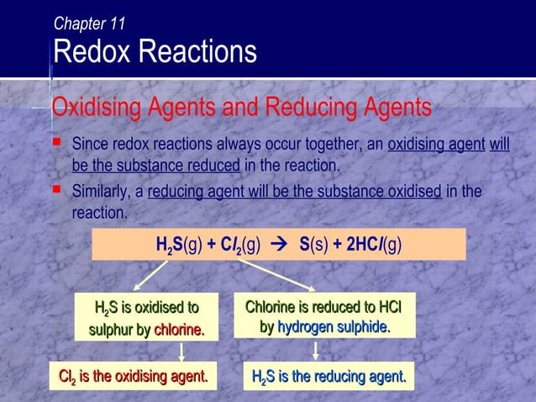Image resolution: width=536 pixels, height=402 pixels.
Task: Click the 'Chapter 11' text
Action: [89, 24]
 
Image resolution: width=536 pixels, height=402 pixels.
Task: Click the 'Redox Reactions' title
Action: [155, 52]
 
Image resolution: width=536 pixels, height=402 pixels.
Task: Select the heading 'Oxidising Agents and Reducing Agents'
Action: [241, 108]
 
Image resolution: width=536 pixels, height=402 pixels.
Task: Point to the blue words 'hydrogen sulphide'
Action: [334, 326]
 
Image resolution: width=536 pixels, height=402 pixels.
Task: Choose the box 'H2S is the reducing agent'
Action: [328, 376]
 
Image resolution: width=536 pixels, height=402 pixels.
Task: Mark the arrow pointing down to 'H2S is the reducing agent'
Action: [323, 351]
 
